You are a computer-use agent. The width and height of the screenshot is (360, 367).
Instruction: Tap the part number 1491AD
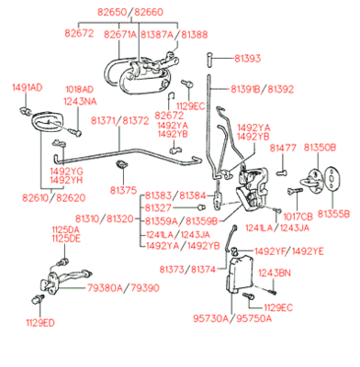click(27, 87)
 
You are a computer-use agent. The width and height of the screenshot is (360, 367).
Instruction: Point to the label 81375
click(123, 190)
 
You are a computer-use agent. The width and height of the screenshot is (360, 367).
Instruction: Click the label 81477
click(283, 147)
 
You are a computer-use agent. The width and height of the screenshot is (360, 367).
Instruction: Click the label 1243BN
click(275, 272)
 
